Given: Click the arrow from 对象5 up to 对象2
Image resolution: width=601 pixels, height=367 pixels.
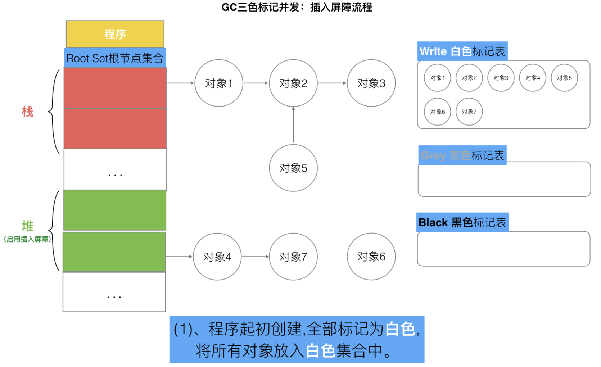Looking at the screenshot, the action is pos(293,125).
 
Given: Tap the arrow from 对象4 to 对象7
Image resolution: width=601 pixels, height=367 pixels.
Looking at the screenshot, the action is pos(255,257).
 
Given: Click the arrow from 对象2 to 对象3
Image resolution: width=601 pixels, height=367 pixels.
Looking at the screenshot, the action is pos(332,83).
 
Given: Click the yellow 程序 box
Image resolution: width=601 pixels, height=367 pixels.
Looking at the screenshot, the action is pos(115,34).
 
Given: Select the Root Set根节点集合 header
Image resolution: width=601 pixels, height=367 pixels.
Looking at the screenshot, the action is pos(115,58).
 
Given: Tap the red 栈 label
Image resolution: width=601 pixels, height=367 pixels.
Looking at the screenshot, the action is pos(27,112).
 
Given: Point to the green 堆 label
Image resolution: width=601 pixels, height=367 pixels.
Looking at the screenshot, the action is pos(28,226).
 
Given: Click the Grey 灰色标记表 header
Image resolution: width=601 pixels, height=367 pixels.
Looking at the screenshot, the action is pos(462,155).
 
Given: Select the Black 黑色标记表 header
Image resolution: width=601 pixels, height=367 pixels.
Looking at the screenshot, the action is pos(462,222).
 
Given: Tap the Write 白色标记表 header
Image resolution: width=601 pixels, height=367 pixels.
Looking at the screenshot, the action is pos(462,51).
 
